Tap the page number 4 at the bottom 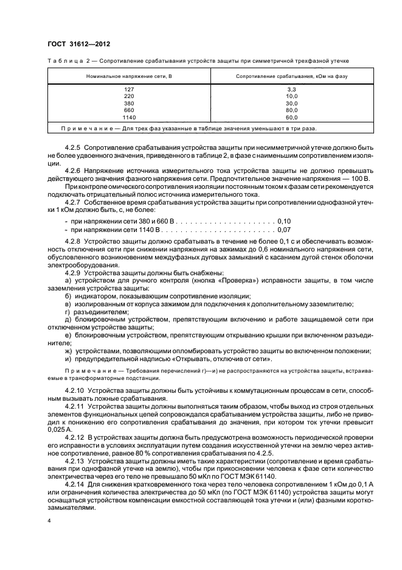49,521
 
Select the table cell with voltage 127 128,89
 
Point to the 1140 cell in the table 128,117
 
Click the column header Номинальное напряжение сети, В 129,76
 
